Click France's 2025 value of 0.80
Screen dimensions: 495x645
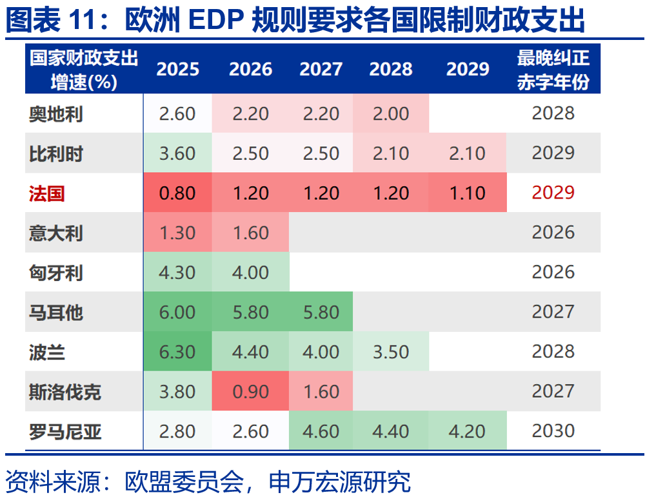tap(177, 193)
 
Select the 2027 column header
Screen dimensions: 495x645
tap(321, 69)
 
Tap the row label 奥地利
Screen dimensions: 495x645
tap(56, 114)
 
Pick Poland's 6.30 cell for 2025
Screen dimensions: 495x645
tap(177, 352)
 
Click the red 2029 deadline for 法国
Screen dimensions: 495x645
tap(553, 193)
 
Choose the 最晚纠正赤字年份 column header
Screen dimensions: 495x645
tap(553, 69)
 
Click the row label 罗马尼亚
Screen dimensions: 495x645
tap(65, 431)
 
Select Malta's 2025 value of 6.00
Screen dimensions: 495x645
tap(177, 313)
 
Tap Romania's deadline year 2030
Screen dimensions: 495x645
tap(553, 431)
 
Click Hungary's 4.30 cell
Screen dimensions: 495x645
tap(177, 273)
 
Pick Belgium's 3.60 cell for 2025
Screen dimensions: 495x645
tap(177, 153)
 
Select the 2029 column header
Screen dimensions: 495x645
tap(468, 69)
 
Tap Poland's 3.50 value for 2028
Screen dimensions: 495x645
tap(391, 352)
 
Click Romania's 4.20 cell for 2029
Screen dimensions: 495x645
tap(468, 431)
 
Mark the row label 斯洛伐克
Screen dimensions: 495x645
tap(65, 392)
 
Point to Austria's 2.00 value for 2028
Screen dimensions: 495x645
tap(391, 114)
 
